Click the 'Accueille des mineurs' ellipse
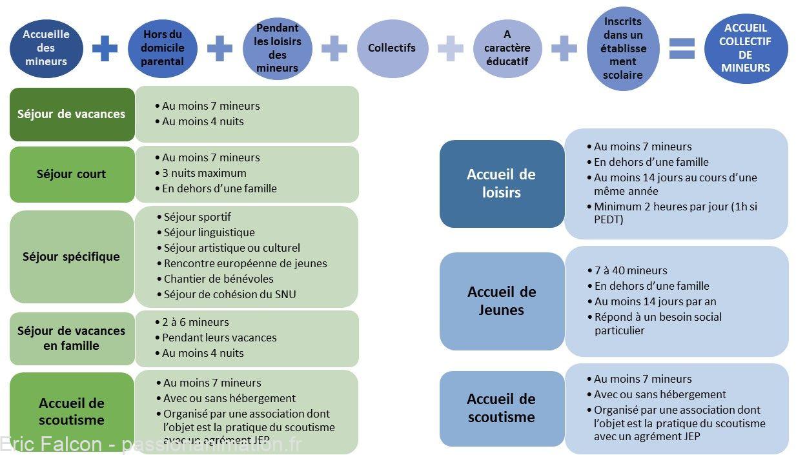(x=46, y=48)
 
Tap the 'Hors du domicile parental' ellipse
(x=163, y=48)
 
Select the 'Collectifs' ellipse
(x=393, y=48)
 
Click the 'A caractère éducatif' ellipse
(x=507, y=48)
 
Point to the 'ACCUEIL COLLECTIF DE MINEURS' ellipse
(x=746, y=48)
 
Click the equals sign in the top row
(x=682, y=48)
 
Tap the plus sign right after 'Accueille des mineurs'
(x=105, y=48)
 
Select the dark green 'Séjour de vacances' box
(x=72, y=114)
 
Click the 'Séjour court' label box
(x=72, y=174)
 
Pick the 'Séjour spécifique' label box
(x=72, y=257)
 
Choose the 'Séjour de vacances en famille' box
(x=72, y=338)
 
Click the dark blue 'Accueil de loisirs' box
(x=502, y=184)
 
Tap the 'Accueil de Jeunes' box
(x=502, y=301)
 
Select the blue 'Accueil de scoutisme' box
(x=502, y=409)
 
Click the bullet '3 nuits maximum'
(x=201, y=173)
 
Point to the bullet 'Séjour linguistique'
(x=206, y=232)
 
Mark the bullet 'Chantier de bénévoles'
(x=216, y=279)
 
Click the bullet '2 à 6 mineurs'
(x=192, y=322)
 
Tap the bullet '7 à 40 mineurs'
(x=628, y=270)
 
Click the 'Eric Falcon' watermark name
(x=51, y=444)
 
